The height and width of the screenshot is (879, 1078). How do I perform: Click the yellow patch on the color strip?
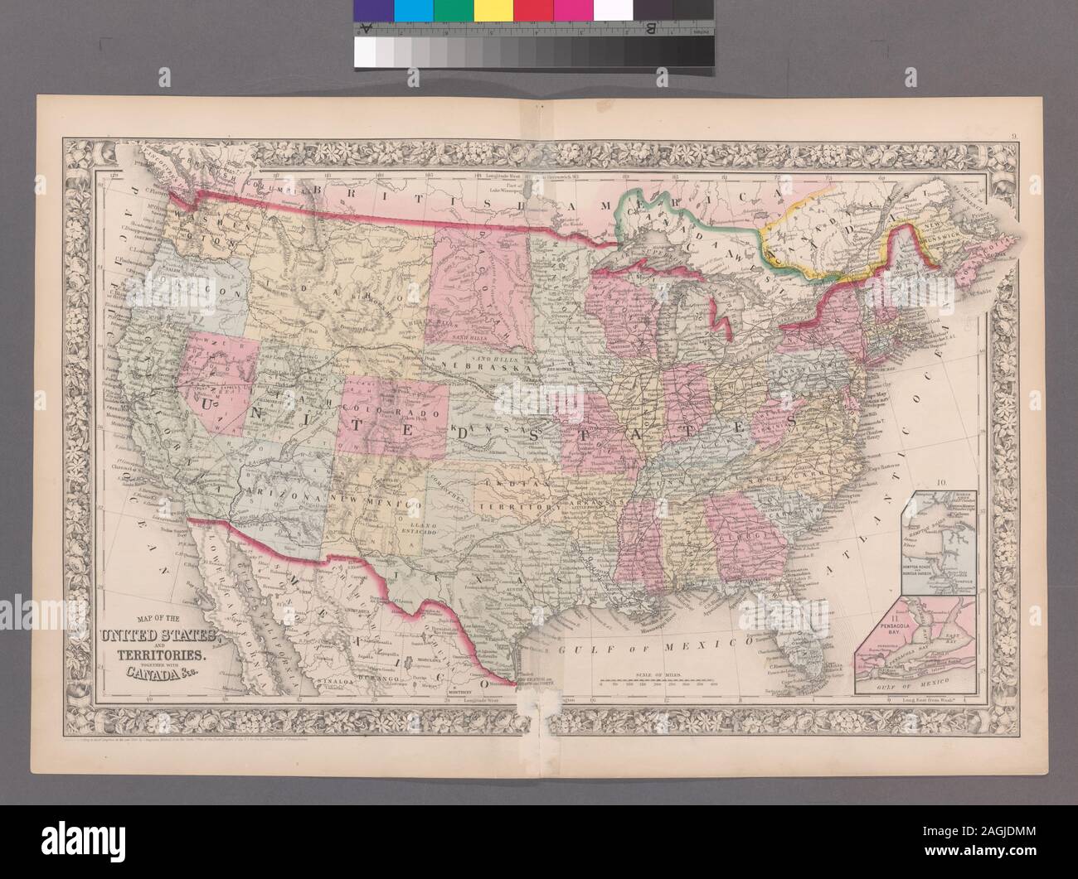coord(494,10)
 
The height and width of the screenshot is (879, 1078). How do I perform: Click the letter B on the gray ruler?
coord(649,30)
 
